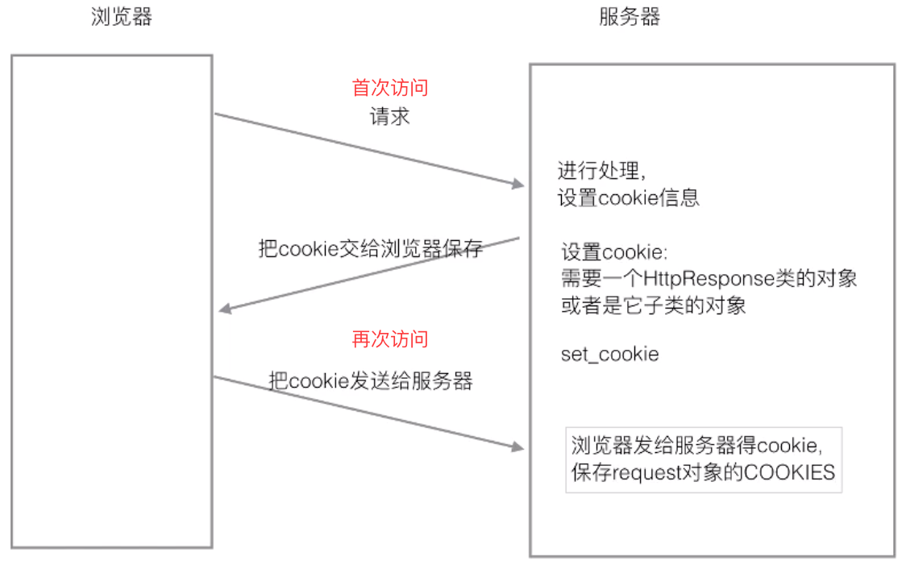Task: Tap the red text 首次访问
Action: click(390, 88)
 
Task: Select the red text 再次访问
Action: click(390, 339)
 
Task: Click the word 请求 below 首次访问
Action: click(390, 116)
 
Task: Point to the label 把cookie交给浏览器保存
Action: click(371, 248)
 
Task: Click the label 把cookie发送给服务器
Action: click(371, 381)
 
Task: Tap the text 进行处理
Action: click(596, 171)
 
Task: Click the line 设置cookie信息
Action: click(629, 197)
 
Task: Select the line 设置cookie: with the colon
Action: click(614, 252)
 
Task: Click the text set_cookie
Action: click(609, 354)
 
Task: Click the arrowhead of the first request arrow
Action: click(518, 185)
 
